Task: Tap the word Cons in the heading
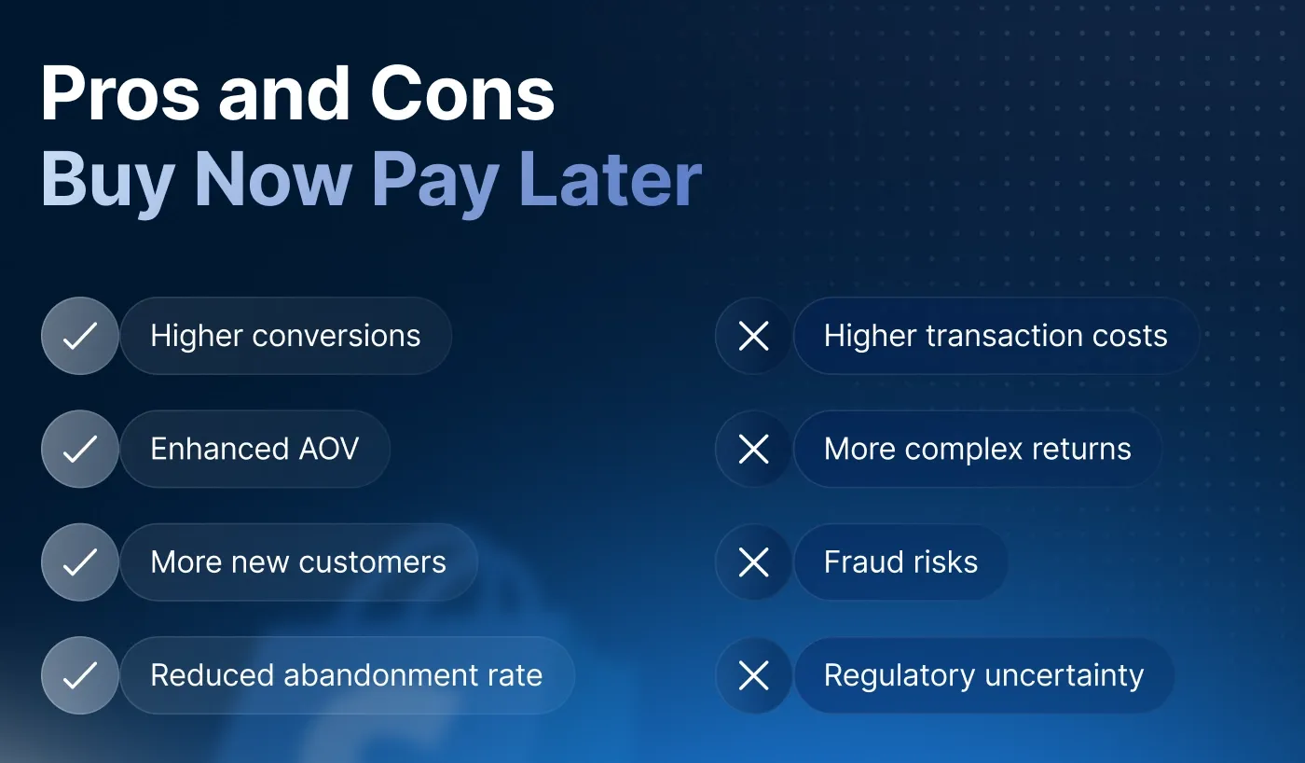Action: pyautogui.click(x=462, y=95)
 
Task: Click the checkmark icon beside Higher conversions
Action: pyautogui.click(x=80, y=336)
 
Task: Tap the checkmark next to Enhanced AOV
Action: pyautogui.click(x=80, y=449)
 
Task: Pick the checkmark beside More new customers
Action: pyautogui.click(x=80, y=562)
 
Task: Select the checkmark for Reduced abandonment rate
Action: pyautogui.click(x=80, y=675)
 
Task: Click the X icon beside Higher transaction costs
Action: pyautogui.click(x=753, y=336)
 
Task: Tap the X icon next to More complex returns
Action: pyautogui.click(x=753, y=449)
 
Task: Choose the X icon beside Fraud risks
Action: pyautogui.click(x=753, y=562)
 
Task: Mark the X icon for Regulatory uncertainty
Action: pyautogui.click(x=753, y=675)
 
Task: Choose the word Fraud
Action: pyautogui.click(x=859, y=562)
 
